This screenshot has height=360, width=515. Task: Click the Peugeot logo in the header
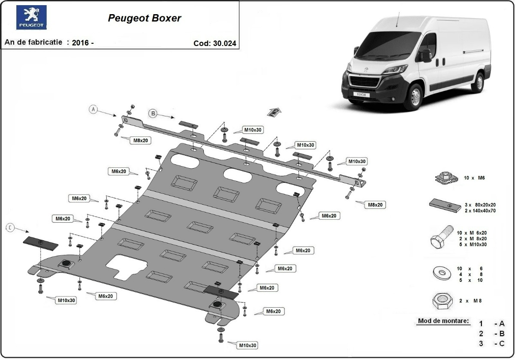31,18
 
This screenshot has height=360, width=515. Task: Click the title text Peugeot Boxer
144,18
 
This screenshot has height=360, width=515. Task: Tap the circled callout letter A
94,109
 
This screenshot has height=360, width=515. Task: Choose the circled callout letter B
152,113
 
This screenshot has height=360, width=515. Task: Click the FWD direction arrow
274,112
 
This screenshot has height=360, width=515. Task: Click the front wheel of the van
414,97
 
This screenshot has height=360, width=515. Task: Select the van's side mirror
425,55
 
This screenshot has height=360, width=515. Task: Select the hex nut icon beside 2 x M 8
441,301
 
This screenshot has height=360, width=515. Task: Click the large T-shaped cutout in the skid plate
126,266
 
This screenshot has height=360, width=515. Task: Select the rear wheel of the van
477,82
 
